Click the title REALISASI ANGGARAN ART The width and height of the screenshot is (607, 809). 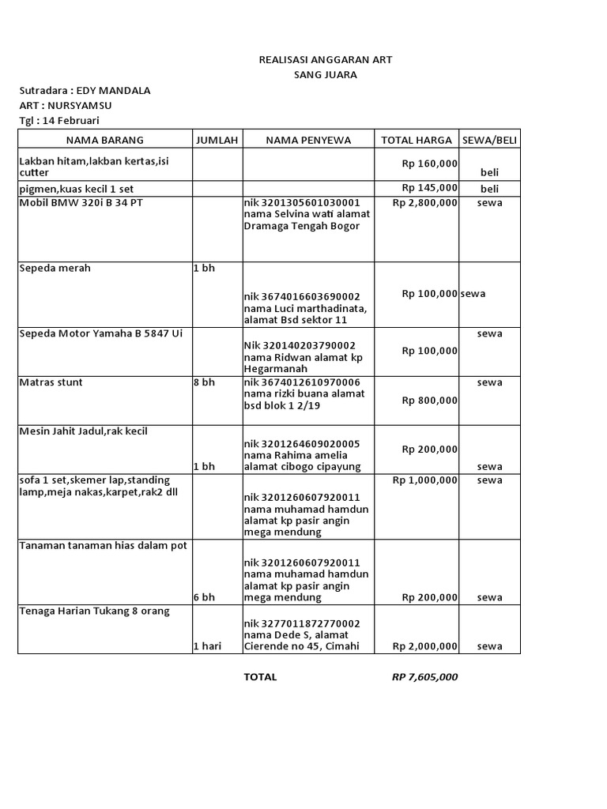tap(326, 60)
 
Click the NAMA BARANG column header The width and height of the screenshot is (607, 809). tap(104, 140)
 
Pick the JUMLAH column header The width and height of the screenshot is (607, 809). tap(217, 140)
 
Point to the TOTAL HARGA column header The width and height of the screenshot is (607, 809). tap(417, 140)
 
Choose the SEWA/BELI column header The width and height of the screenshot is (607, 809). tap(490, 140)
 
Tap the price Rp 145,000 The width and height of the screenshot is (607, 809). tap(429, 187)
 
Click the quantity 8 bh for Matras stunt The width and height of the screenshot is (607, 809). tap(204, 382)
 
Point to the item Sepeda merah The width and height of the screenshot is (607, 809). tap(55, 268)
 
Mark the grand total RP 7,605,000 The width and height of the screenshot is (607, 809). tap(424, 677)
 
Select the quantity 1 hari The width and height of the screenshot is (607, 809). tap(207, 646)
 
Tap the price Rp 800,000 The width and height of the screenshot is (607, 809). tap(429, 400)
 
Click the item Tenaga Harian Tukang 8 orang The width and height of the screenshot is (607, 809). tap(94, 611)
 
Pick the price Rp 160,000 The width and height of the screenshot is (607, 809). tap(429, 164)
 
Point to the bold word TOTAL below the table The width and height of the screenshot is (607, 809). tap(260, 677)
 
